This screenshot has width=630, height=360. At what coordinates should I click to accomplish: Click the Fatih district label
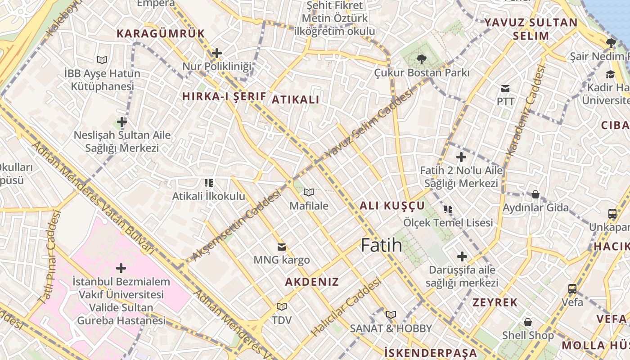pos(382,245)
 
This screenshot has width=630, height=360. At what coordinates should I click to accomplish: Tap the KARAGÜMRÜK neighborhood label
pos(161,33)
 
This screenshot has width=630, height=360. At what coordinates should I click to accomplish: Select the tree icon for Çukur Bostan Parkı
pos(422,59)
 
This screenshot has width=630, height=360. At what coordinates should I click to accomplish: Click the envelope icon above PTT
pos(505,88)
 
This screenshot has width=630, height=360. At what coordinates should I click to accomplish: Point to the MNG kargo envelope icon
pos(282,247)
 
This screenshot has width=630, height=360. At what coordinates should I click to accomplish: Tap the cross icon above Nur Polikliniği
pos(217,53)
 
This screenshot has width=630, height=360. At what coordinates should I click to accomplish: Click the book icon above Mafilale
pos(308,192)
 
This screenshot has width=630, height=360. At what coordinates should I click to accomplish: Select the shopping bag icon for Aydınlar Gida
pos(535,194)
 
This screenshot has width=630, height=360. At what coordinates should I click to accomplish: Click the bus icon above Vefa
pos(572,288)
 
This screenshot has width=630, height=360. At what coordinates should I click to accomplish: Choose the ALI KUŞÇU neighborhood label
pos(392,206)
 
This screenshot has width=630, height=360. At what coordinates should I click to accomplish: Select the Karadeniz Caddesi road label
pos(525,111)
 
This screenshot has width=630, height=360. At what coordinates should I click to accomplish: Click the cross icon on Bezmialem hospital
pos(121,268)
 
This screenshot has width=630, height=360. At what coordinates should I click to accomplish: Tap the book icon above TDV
pos(282,306)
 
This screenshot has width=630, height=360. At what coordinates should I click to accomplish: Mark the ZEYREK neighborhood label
pos(495,302)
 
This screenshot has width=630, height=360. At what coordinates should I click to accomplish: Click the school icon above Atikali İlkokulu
pos(208,183)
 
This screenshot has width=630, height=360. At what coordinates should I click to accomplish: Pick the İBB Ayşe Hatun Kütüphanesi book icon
pos(102,59)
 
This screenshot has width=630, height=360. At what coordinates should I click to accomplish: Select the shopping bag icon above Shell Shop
pos(528,322)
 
